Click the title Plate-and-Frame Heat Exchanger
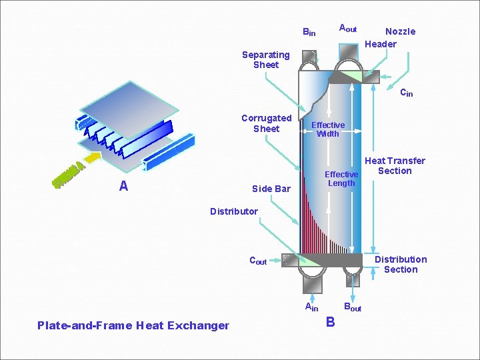coord(133,325)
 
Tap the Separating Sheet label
coord(265,59)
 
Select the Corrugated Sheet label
coord(266,123)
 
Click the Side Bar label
coord(271,189)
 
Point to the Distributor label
coord(233,211)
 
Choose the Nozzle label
coord(400,31)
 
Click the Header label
coord(381,44)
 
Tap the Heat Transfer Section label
coord(395,165)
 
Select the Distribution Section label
coord(401,264)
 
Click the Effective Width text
coord(328,129)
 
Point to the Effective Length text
coord(341,179)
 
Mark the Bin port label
coord(309,32)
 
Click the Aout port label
coord(347,29)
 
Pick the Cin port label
coord(406,93)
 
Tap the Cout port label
coord(257,261)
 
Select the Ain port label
coord(311,307)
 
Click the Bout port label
coord(352,307)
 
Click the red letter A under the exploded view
coord(123,186)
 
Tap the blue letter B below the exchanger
coord(330,323)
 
